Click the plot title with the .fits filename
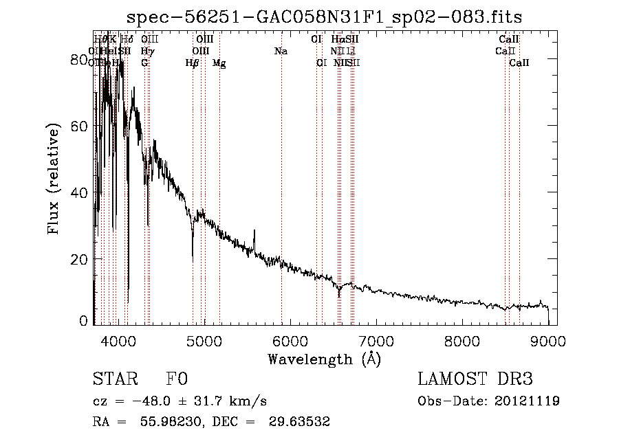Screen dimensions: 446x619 (329, 16)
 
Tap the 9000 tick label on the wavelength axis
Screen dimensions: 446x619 (548, 340)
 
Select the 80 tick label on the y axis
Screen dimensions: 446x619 (79, 60)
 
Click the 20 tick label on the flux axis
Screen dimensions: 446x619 (79, 259)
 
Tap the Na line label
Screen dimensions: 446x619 (281, 51)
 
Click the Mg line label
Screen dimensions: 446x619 (219, 63)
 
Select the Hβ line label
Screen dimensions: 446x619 (193, 63)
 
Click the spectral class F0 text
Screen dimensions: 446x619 (177, 379)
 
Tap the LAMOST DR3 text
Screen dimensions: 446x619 (475, 379)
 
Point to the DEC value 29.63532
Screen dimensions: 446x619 (301, 422)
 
